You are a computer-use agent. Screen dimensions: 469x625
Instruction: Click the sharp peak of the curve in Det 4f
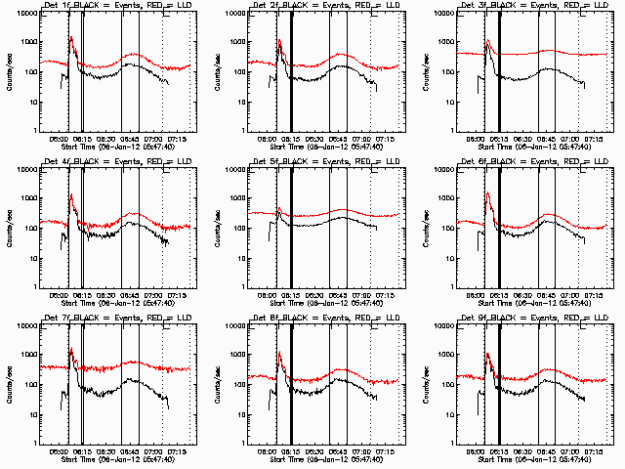click(x=70, y=194)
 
